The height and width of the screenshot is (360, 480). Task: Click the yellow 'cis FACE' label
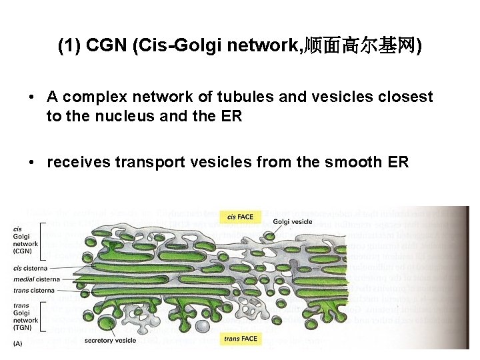240,217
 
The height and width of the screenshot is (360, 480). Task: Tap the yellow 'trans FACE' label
241,339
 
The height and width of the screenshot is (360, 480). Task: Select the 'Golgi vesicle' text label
293,221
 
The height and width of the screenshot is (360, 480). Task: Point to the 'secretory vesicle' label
111,341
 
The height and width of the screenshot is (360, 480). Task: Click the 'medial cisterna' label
36,279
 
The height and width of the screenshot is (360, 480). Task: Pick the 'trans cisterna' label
33,290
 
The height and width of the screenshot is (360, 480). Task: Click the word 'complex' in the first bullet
93,97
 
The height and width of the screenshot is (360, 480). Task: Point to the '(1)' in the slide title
69,46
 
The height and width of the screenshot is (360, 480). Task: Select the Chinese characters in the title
360,46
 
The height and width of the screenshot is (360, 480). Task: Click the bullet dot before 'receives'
32,162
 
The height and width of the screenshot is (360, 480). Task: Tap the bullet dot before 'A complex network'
32,97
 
